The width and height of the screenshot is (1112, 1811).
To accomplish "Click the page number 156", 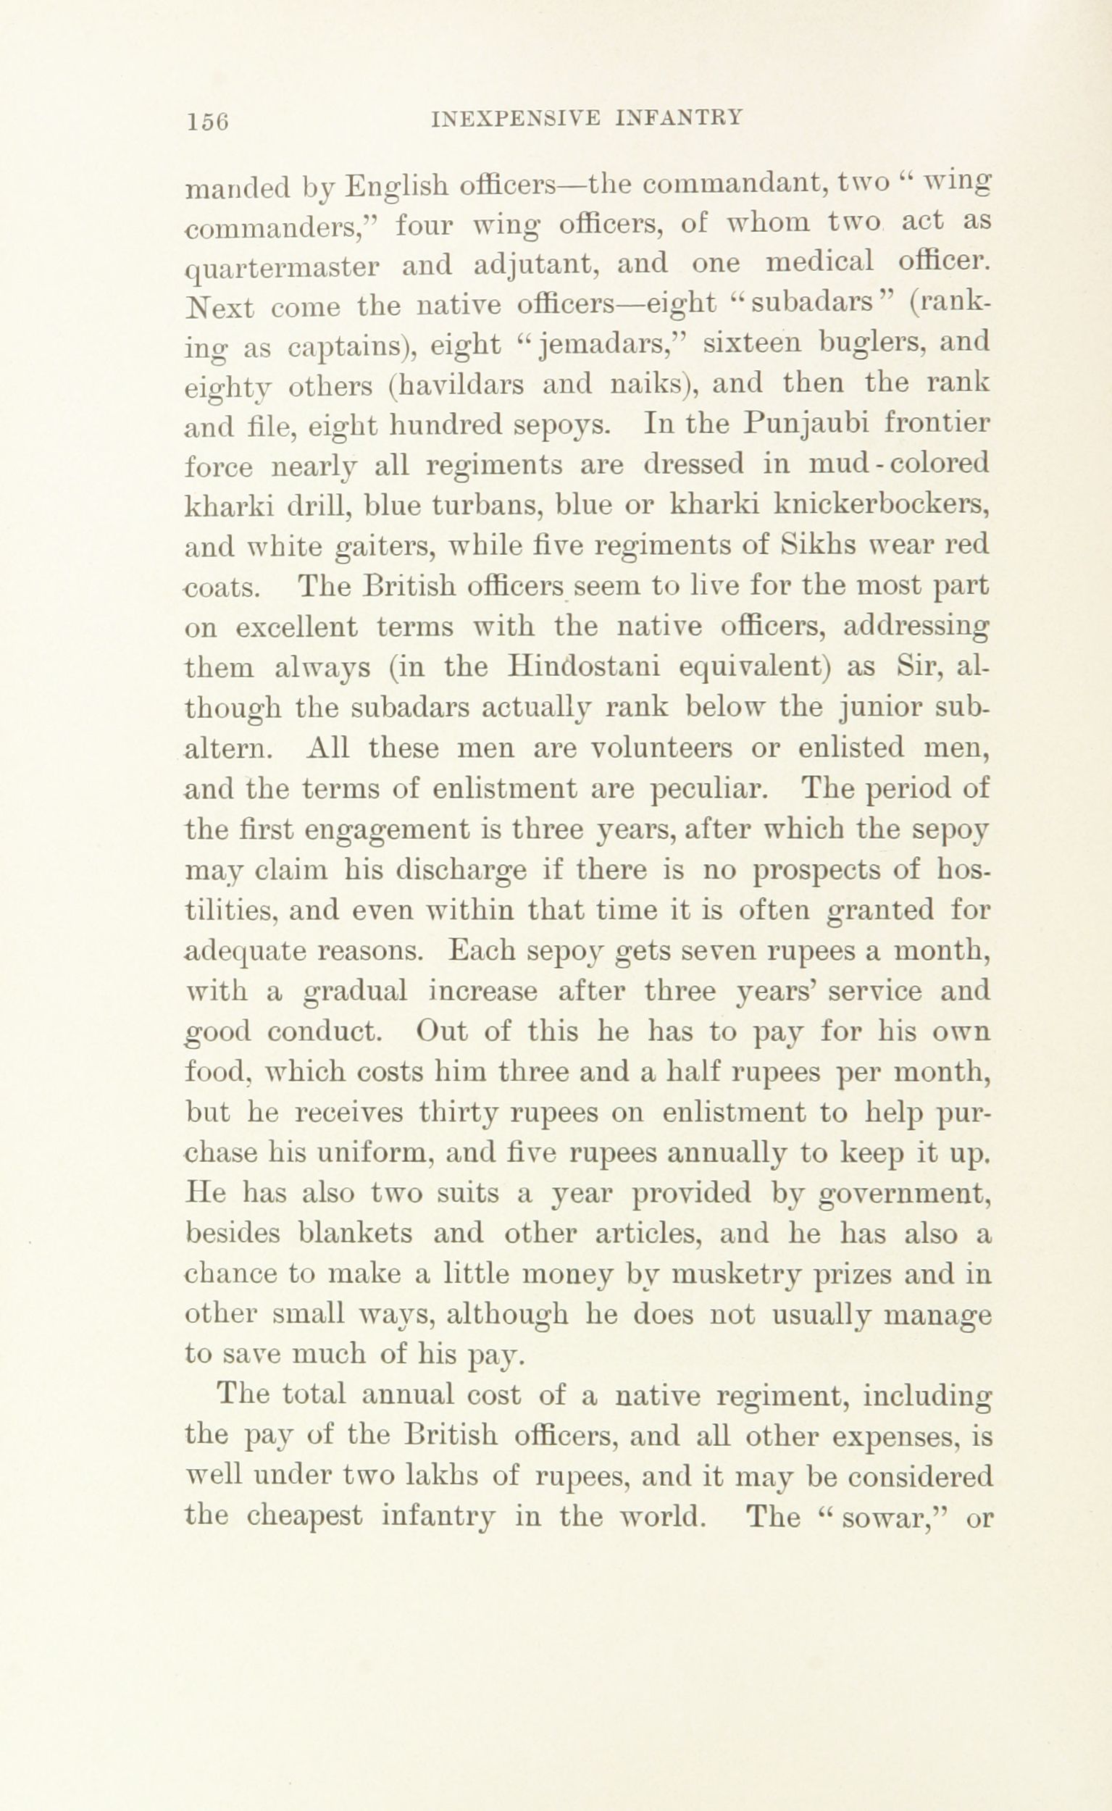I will pyautogui.click(x=208, y=120).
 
